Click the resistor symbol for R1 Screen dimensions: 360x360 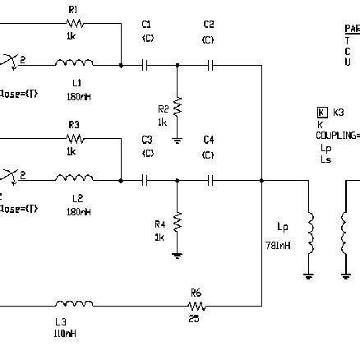(x=73, y=25)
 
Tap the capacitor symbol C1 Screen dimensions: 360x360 (x=147, y=63)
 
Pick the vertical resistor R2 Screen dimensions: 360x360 (x=177, y=106)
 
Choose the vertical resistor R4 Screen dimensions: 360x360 (x=177, y=221)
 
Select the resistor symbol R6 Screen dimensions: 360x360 (x=195, y=305)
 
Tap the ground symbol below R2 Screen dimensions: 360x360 (x=177, y=140)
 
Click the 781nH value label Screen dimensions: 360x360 (x=277, y=246)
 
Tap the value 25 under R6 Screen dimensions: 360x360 (x=194, y=319)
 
